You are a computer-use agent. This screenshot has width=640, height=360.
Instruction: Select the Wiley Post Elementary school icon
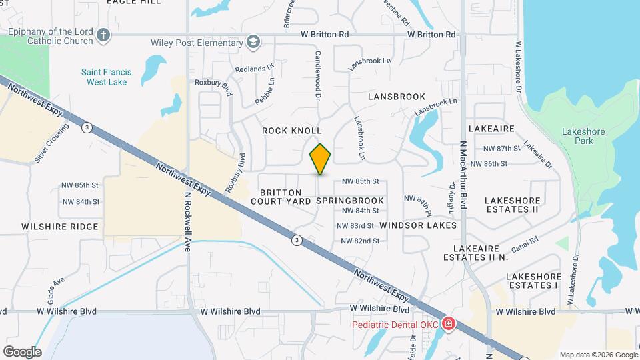pos(252,43)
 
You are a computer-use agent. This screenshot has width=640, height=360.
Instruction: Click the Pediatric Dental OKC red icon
pos(448,325)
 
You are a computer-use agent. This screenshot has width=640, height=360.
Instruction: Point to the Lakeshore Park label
pos(583,136)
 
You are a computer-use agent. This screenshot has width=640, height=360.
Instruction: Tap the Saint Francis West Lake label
pos(107,77)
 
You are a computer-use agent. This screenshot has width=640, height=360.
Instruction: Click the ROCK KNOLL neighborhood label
pos(292,131)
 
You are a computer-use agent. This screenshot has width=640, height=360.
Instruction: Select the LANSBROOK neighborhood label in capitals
pos(397,97)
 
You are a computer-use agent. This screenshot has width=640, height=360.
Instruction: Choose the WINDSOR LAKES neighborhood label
pos(418,225)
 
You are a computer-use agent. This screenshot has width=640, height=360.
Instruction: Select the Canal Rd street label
pos(525,249)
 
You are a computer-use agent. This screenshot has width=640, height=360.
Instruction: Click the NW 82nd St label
pos(360,241)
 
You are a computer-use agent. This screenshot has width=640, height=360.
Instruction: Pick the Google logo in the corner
pos(22,351)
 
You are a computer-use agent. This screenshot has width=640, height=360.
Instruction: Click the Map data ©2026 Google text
pos(599,355)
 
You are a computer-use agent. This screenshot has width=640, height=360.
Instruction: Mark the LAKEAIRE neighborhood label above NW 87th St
pos(491,128)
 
